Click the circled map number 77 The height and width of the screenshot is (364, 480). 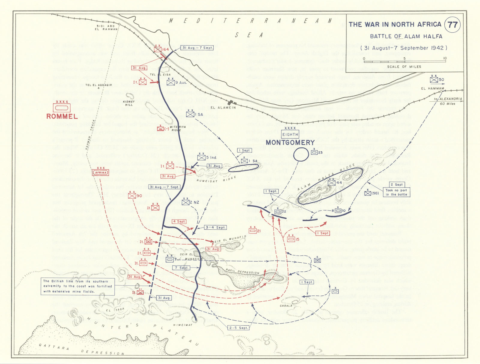(x=452, y=25)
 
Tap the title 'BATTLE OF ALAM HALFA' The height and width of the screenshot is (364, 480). (x=406, y=36)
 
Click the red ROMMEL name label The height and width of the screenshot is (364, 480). (x=62, y=116)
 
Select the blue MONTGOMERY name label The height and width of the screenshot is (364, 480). (x=290, y=142)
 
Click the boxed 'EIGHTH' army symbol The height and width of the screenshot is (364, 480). (x=290, y=134)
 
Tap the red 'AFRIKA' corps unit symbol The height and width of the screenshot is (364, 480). (x=100, y=172)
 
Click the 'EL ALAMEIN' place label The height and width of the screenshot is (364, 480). (x=223, y=108)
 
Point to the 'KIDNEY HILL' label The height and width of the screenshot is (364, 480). (x=129, y=103)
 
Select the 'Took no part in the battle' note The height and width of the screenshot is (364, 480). (x=396, y=192)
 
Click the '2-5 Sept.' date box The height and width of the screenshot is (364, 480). (x=238, y=328)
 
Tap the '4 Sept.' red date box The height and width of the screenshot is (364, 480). (x=179, y=222)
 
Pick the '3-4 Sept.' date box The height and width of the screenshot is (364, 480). (x=215, y=227)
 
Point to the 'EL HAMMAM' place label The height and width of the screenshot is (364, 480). (x=432, y=88)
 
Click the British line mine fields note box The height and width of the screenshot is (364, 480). (x=78, y=286)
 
